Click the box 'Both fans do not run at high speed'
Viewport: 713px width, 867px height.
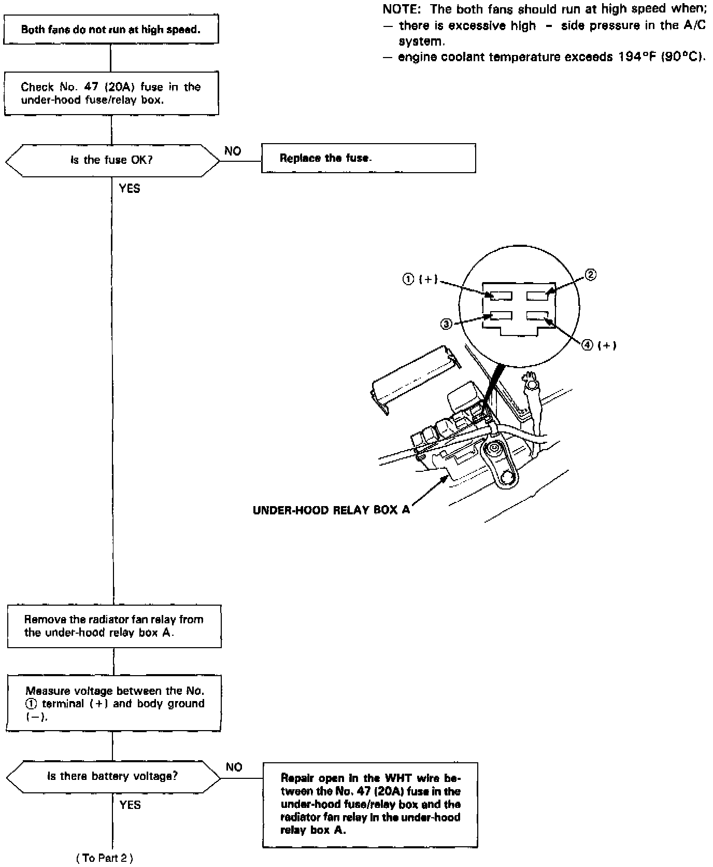[111, 30]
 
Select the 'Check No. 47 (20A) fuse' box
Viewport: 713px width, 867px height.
[111, 93]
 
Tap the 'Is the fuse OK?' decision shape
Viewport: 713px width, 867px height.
[112, 160]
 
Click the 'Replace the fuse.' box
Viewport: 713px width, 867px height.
[368, 158]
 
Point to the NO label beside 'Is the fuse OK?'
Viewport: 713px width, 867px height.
[233, 151]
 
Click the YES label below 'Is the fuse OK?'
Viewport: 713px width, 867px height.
[130, 189]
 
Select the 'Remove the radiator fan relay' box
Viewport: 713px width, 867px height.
[114, 626]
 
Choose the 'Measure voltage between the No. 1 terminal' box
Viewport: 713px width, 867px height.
[114, 704]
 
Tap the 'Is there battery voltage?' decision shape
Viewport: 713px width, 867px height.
[112, 777]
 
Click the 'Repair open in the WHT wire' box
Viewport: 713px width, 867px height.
[370, 804]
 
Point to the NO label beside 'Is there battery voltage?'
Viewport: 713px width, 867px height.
[234, 767]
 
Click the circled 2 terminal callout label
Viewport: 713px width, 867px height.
[591, 275]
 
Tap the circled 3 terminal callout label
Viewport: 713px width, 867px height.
[446, 324]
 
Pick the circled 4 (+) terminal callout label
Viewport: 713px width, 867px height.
[598, 345]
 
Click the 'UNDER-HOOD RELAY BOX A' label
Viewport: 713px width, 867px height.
[331, 510]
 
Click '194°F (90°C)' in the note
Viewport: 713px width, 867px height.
[662, 57]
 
